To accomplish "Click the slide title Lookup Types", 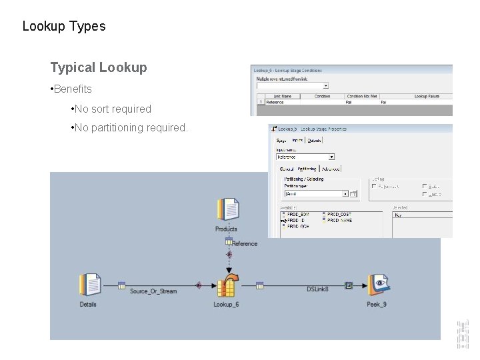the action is [x=64, y=27].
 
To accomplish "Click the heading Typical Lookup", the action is [x=99, y=67].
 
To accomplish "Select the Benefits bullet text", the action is [x=73, y=89].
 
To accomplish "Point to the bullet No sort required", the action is [x=113, y=109].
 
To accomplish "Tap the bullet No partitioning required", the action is [x=131, y=127].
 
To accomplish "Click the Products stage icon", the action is [x=227, y=209].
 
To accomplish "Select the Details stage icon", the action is [x=89, y=285].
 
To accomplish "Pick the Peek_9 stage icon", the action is [x=378, y=285].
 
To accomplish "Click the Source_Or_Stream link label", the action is [x=153, y=291].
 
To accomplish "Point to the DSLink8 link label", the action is [x=317, y=289].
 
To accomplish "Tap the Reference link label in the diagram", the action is [x=244, y=244].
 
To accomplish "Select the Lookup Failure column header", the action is [x=430, y=96].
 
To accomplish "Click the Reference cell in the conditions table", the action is [x=275, y=103].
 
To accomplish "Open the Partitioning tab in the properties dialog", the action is [x=307, y=169].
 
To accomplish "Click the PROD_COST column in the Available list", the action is [x=339, y=215].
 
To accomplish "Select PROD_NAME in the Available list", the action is [x=339, y=220].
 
